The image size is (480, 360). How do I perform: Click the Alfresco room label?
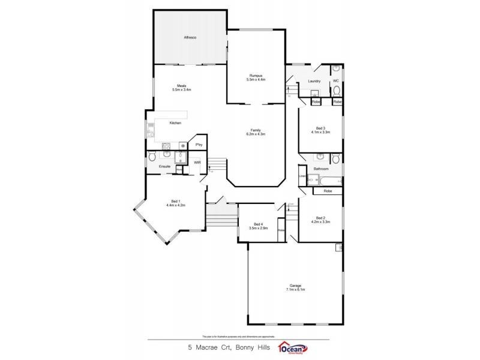tap(190, 38)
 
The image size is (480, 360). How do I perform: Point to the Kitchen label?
tap(175, 123)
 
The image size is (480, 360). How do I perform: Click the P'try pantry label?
tap(198, 145)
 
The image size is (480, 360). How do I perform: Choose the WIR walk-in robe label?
tap(197, 162)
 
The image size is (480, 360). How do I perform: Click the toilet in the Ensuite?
tap(152, 157)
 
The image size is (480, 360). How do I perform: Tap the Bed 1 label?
tap(175, 201)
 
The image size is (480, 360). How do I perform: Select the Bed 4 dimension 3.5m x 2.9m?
tap(257, 229)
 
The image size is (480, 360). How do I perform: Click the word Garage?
tap(295, 285)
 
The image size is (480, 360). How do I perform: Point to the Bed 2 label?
tap(320, 218)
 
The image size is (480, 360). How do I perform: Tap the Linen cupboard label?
tap(302, 176)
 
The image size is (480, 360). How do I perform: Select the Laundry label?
tap(314, 81)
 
